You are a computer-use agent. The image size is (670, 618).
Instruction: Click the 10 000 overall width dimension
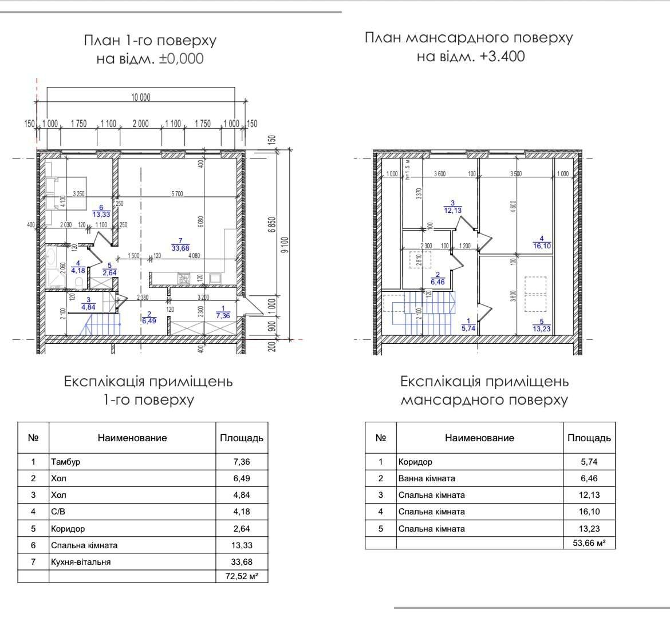(x=140, y=97)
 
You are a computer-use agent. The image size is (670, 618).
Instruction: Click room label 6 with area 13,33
(x=101, y=211)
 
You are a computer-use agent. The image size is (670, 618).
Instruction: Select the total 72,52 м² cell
(x=241, y=577)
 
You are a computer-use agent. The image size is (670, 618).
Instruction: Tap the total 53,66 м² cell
(x=589, y=542)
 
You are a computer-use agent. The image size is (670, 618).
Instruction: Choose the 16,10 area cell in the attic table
(x=589, y=512)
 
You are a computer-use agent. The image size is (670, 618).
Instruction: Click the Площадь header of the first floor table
(x=242, y=438)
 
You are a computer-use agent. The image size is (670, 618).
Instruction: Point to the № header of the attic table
(x=381, y=438)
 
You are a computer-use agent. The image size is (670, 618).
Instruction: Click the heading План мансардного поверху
(x=468, y=38)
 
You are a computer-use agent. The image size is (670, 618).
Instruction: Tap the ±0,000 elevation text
(x=181, y=58)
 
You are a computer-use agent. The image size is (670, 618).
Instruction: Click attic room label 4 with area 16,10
(x=541, y=243)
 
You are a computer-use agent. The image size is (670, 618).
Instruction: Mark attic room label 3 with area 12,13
(x=452, y=207)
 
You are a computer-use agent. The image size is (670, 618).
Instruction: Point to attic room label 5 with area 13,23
(x=541, y=325)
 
